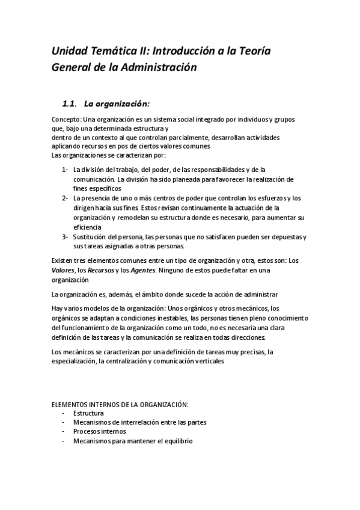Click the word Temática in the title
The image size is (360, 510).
click(112, 52)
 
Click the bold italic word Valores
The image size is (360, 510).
click(63, 271)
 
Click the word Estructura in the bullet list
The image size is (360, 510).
click(88, 413)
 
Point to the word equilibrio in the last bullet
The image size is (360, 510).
click(176, 441)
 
